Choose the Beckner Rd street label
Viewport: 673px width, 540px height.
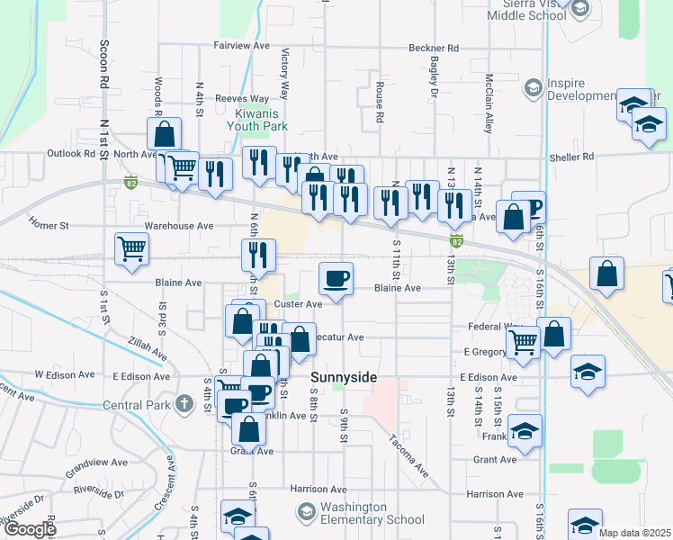click(x=434, y=48)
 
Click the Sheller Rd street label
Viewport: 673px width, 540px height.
click(x=575, y=157)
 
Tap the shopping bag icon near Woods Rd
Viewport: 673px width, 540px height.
click(x=165, y=136)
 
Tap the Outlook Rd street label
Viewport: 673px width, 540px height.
click(x=70, y=154)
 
